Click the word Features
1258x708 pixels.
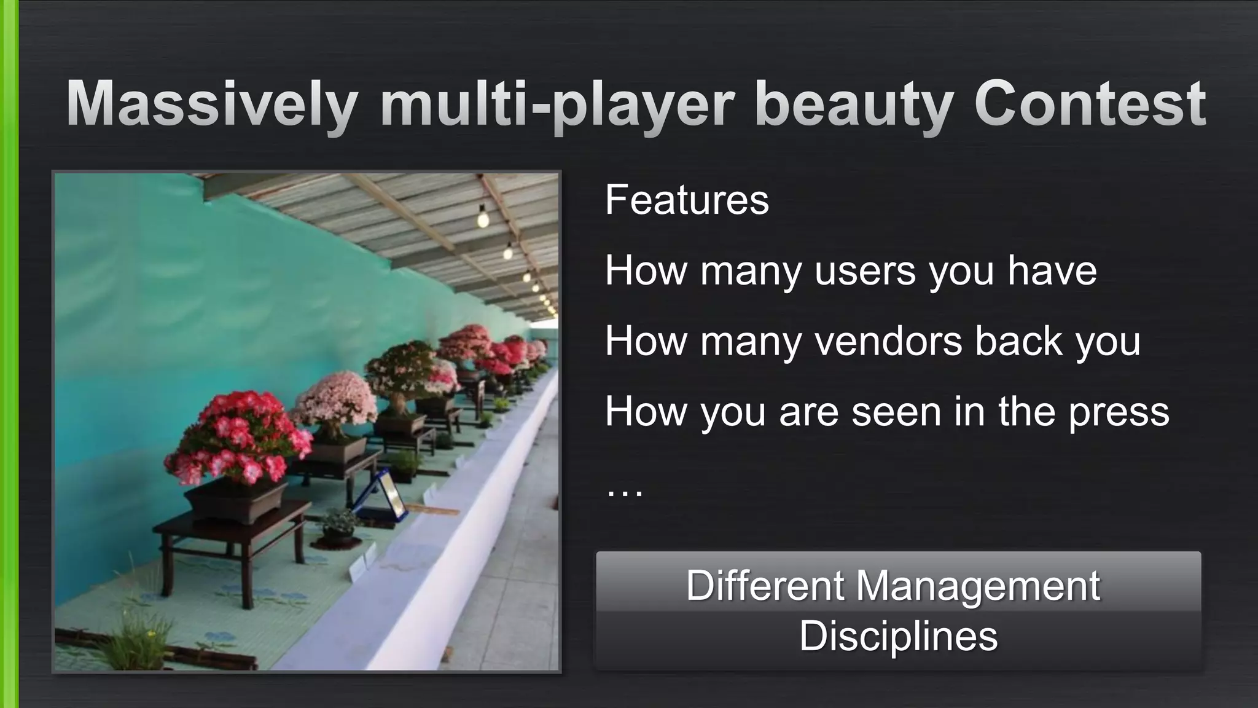[686, 200]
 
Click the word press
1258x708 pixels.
[1119, 412]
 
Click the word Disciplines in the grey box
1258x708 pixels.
[898, 635]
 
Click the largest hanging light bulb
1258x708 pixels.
[483, 217]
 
